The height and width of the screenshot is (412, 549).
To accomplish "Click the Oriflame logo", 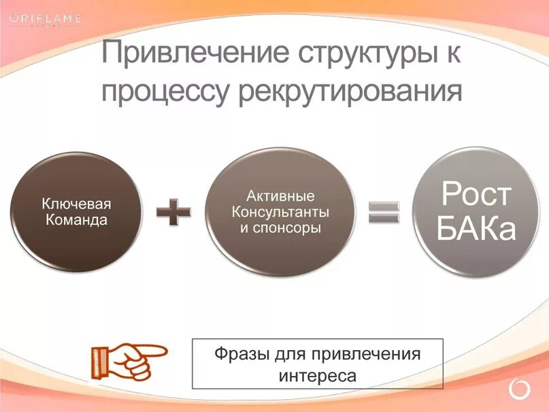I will (x=45, y=19).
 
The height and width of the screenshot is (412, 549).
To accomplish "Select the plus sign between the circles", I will (x=173, y=212).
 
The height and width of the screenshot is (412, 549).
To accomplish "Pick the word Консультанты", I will (x=280, y=212).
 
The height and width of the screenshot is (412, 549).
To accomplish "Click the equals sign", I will (x=384, y=212).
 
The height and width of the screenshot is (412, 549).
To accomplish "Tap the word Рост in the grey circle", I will (x=476, y=195).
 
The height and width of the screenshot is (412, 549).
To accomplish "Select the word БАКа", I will (x=476, y=229).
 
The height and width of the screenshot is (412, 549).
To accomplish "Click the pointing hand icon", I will (x=127, y=361).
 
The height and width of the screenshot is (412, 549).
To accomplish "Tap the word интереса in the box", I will (x=317, y=375).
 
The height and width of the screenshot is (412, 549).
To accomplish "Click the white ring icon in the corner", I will (x=518, y=390).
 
